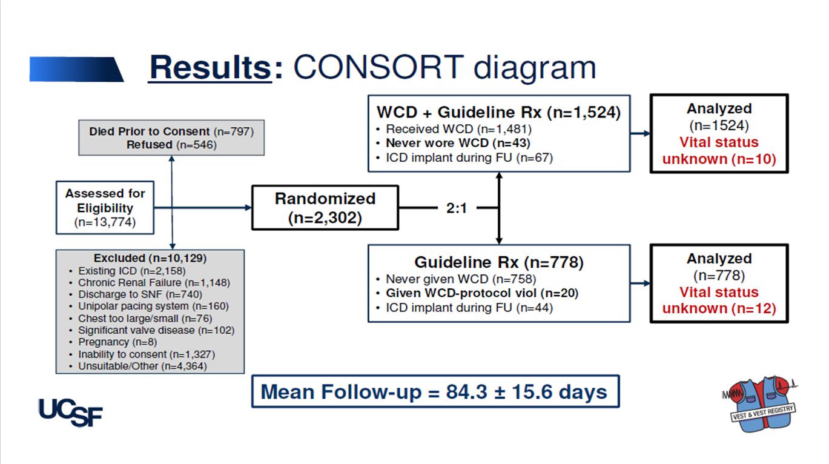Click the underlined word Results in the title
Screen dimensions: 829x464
210,67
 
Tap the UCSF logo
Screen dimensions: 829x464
70,413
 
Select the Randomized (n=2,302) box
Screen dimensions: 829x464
325,208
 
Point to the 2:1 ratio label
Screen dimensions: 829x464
457,208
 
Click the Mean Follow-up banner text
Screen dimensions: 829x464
434,392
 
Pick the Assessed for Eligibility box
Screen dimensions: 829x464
105,207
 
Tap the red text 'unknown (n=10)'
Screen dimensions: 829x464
719,159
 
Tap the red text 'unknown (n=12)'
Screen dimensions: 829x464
719,308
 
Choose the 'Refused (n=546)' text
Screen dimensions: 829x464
171,144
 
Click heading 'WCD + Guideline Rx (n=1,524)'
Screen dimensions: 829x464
498,112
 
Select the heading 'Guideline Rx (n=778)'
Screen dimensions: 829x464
499,262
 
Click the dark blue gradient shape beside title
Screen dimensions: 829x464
77,69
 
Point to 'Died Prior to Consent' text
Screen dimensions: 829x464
150,131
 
